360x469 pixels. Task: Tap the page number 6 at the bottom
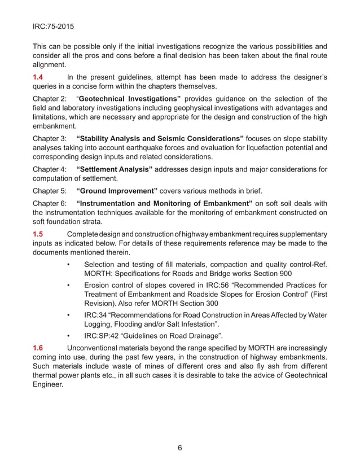[x=179, y=448]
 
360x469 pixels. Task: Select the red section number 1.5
[x=40, y=234]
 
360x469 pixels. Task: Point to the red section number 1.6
[x=40, y=348]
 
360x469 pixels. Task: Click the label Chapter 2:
[x=50, y=99]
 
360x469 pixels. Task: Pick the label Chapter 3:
[x=50, y=138]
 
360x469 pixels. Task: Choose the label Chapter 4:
[x=50, y=169]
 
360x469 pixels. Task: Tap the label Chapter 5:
[x=50, y=190]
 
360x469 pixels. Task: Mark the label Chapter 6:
[x=50, y=203]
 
